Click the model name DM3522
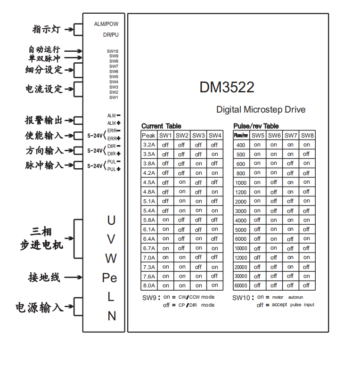227,87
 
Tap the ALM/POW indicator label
106,24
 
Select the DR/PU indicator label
111,35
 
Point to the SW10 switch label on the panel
113,51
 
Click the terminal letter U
111,220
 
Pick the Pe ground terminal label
109,278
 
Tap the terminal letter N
112,316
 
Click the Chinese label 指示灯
46,29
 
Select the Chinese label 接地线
44,277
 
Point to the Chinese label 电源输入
39,308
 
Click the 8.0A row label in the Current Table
148,285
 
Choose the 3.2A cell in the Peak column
148,145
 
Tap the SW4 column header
215,136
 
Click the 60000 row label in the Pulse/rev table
241,285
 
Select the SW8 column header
307,136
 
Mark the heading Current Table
161,126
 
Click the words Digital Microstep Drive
261,110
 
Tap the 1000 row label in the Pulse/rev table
241,182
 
